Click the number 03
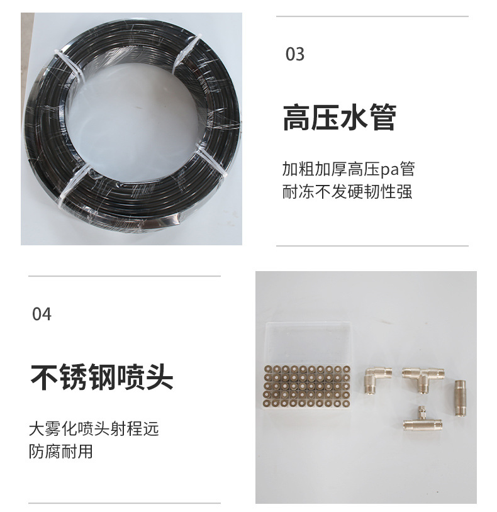pos(295,54)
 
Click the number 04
pos(42,314)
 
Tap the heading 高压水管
pos(340,118)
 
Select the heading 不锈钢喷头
pos(101,377)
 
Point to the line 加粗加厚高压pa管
pos(349,169)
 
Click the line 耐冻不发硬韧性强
pos(347,191)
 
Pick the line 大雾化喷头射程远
pos(94,429)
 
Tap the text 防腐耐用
pos(61,451)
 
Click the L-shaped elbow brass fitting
pos(377,379)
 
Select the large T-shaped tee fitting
pos(423,378)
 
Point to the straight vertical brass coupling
pos(460,398)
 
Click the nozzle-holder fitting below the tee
pos(422,420)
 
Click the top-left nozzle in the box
pos(269,369)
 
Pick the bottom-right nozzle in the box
pos(347,403)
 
